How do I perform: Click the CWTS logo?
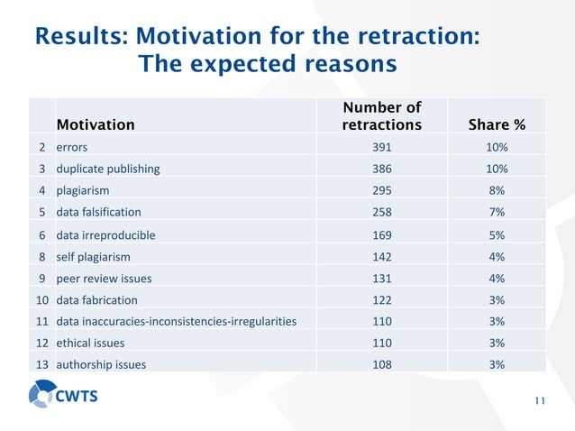click(x=65, y=396)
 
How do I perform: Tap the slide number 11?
click(x=540, y=402)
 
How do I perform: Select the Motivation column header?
click(x=96, y=124)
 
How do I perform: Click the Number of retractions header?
click(x=381, y=116)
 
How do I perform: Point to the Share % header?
click(x=497, y=124)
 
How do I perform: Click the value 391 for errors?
click(x=381, y=147)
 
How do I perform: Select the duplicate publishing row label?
click(x=107, y=169)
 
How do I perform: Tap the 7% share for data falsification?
click(x=497, y=213)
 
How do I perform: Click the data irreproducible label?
click(x=105, y=234)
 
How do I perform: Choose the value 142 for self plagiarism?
click(x=381, y=256)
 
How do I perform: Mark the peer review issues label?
click(x=102, y=278)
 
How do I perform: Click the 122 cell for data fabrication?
click(x=381, y=299)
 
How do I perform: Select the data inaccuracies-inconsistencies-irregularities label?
click(x=176, y=321)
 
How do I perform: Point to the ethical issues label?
click(x=90, y=343)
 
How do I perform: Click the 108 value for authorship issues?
click(x=381, y=364)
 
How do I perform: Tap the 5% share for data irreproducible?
click(x=497, y=234)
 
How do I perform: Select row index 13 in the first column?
click(x=42, y=364)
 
